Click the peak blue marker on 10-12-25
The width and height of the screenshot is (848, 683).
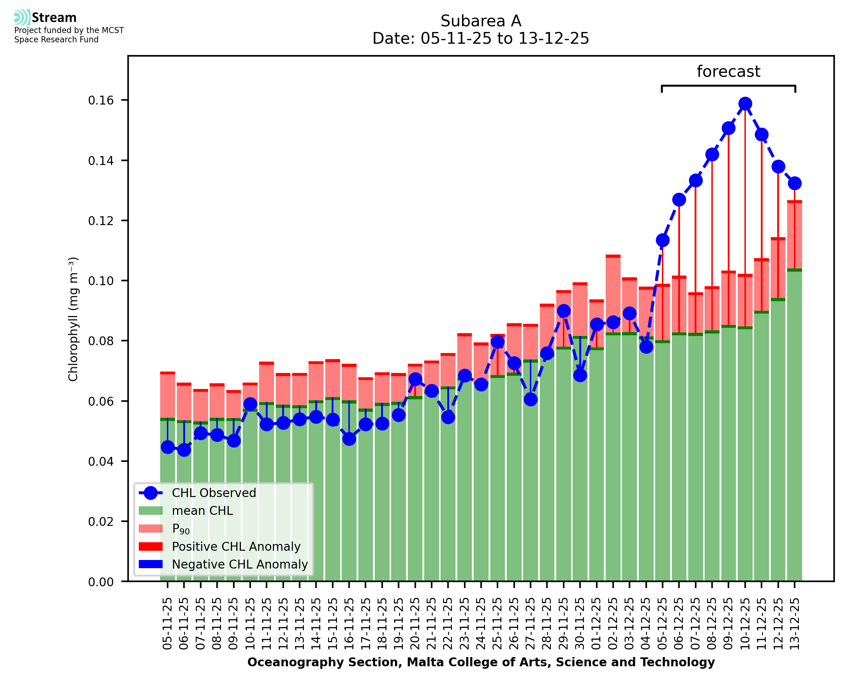click(745, 104)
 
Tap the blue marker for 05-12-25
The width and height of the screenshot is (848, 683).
click(663, 240)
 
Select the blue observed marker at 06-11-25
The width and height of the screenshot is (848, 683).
click(184, 450)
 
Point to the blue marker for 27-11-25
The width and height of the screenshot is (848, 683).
click(531, 400)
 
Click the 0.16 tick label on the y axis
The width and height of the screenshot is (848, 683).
click(101, 101)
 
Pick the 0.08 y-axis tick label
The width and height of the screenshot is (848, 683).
click(101, 341)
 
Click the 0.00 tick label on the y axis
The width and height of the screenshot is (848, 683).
click(101, 582)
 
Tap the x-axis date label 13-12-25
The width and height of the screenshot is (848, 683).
click(795, 624)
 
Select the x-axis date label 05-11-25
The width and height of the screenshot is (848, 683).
click(168, 624)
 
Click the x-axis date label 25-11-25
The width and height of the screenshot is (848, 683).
click(497, 624)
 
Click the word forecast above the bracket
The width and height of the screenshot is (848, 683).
click(728, 71)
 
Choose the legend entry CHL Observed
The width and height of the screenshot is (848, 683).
click(214, 493)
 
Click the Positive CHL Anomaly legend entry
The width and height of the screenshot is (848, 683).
click(236, 546)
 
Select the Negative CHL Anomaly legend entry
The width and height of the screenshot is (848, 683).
click(239, 564)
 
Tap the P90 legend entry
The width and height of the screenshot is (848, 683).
click(181, 529)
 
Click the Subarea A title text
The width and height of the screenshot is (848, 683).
click(481, 21)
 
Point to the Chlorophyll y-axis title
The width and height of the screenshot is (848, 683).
click(74, 319)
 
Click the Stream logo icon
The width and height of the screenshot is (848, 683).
click(22, 17)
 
